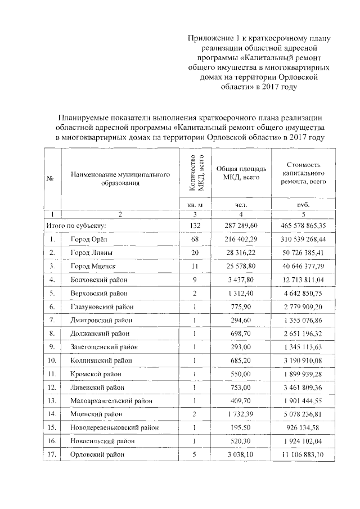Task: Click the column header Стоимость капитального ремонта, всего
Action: pyautogui.click(x=299, y=173)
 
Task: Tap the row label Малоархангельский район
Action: pyautogui.click(x=110, y=401)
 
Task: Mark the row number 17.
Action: pyautogui.click(x=52, y=455)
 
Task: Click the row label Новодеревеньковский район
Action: pyautogui.click(x=114, y=428)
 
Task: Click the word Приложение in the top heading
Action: pyautogui.click(x=211, y=38)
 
